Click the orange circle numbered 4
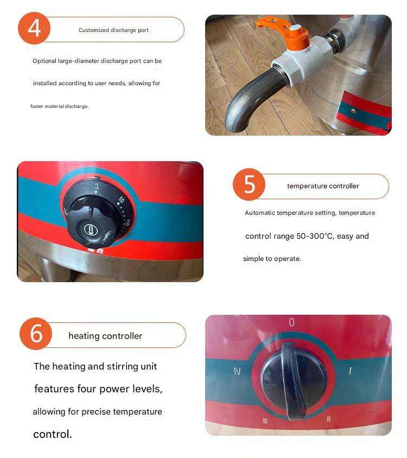click(34, 28)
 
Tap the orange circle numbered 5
click(249, 185)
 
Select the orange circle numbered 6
click(36, 334)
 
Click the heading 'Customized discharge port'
click(113, 30)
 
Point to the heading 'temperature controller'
click(323, 186)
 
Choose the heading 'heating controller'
click(105, 336)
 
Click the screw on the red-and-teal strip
click(354, 111)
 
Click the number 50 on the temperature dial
click(121, 200)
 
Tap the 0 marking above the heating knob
click(291, 322)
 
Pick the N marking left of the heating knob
click(237, 371)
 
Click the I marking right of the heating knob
click(349, 371)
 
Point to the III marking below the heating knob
click(265, 421)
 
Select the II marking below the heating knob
click(329, 419)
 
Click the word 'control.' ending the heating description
click(53, 434)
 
